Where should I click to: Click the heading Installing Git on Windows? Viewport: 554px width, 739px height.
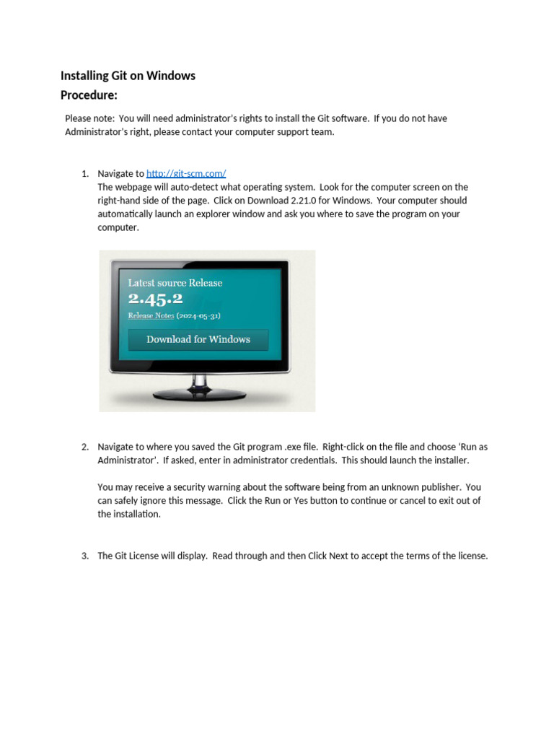[x=128, y=76]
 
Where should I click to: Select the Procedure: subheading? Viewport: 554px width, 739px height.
[x=89, y=95]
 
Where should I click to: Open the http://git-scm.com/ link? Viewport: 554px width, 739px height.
[x=186, y=173]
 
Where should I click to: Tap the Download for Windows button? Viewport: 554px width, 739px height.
[x=198, y=339]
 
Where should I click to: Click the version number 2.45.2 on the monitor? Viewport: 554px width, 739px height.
[x=155, y=299]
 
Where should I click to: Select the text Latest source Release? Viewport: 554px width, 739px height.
[x=175, y=283]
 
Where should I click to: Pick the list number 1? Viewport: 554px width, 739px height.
[x=84, y=173]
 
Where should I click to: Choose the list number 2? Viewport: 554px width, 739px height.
[x=84, y=447]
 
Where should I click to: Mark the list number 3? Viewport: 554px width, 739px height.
[x=84, y=556]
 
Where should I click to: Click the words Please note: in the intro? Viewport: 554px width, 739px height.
[x=89, y=118]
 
